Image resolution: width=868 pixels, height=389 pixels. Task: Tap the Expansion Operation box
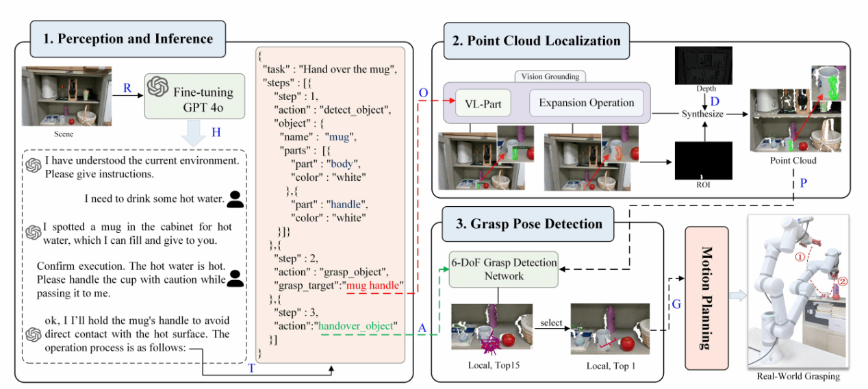(x=586, y=103)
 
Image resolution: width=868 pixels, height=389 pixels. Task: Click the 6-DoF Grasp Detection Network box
(x=503, y=268)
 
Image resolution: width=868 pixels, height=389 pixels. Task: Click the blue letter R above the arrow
(x=127, y=88)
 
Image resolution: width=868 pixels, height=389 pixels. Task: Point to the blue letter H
(x=216, y=133)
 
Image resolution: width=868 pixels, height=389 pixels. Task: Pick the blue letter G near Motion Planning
(x=676, y=304)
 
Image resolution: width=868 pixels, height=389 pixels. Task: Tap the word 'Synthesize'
(x=702, y=114)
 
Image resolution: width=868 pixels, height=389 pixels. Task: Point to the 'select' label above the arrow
(x=551, y=323)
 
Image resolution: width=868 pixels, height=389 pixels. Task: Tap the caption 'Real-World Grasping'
(x=798, y=377)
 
